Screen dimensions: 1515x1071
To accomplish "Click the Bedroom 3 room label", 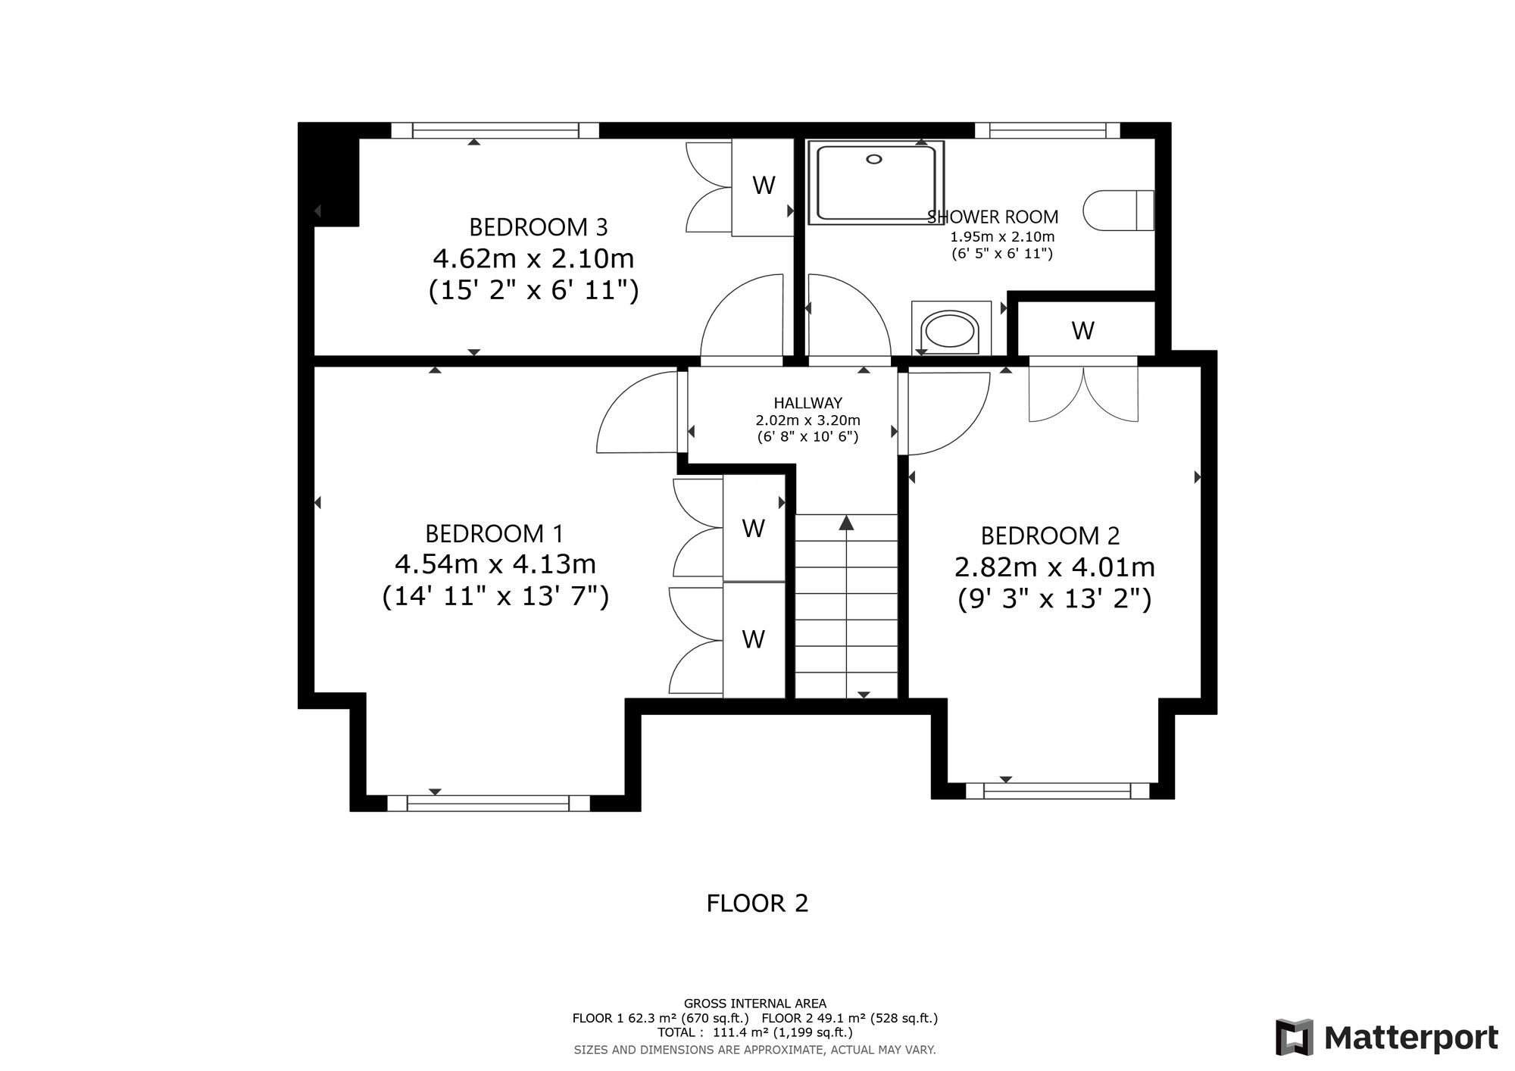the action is pyautogui.click(x=538, y=227).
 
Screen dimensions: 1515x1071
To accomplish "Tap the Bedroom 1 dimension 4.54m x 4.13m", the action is pyautogui.click(x=495, y=564).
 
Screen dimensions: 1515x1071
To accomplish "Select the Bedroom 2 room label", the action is pyautogui.click(x=1050, y=536).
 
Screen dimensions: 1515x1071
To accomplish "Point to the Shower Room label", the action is pyautogui.click(x=993, y=217).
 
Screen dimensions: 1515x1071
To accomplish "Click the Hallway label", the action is pyautogui.click(x=807, y=404).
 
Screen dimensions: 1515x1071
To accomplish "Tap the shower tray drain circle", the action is pyautogui.click(x=875, y=159).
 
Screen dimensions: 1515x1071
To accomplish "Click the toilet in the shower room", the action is pyautogui.click(x=1119, y=210).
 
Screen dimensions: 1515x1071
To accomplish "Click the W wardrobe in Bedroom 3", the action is pyautogui.click(x=764, y=185).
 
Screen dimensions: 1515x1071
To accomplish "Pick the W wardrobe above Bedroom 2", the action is pyautogui.click(x=1083, y=330).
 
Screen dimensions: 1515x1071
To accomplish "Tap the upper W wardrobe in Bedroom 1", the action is pyautogui.click(x=754, y=528).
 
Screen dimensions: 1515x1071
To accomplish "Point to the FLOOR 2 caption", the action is pyautogui.click(x=757, y=903).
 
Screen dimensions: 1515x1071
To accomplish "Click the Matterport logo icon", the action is pyautogui.click(x=1295, y=1037).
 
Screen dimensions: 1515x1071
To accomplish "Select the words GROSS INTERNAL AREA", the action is pyautogui.click(x=755, y=1004).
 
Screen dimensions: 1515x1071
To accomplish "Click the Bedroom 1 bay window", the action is pyautogui.click(x=488, y=803).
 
